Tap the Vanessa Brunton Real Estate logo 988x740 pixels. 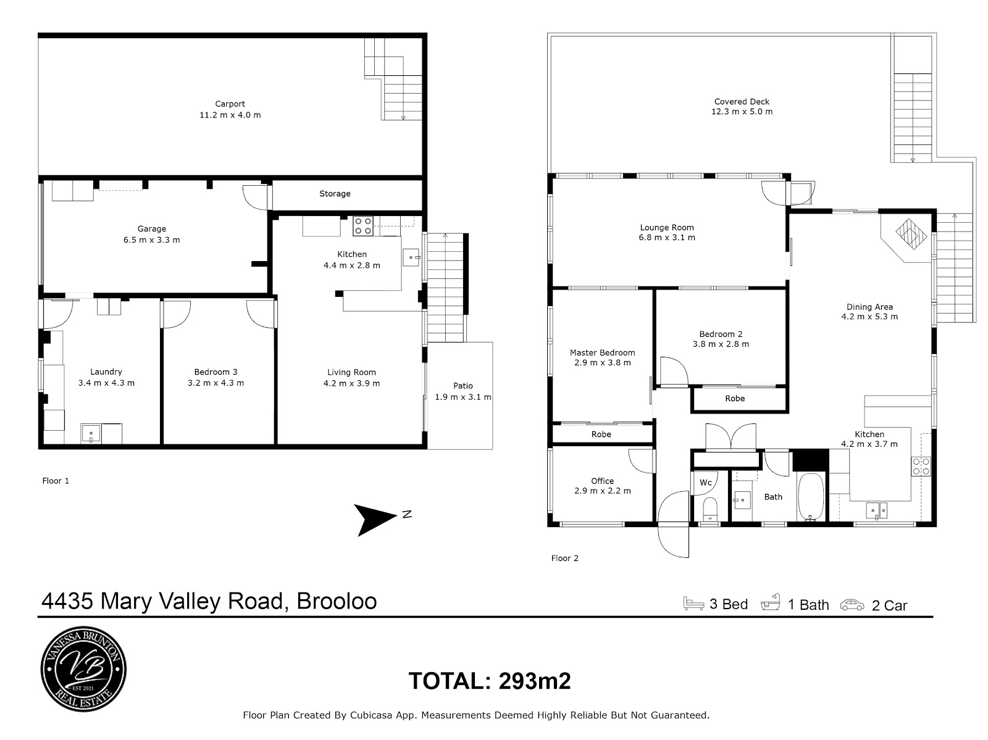pos(84,668)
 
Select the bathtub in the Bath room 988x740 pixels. pos(811,497)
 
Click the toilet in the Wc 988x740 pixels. pos(710,509)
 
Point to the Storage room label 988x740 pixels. pos(335,193)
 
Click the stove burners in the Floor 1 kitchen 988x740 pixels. pos(363,227)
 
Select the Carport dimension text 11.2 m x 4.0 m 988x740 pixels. pos(230,115)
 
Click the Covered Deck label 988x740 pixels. pos(742,102)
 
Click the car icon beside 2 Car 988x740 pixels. pos(852,605)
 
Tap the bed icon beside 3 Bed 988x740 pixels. pos(693,603)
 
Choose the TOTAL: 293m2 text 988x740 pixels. pos(490,681)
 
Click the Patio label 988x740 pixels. pos(463,386)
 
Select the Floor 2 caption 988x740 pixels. pos(565,559)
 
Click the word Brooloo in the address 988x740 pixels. pos(337,601)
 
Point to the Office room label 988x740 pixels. pos(602,481)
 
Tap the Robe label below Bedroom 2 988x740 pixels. pos(735,399)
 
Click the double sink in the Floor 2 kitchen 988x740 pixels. pos(877,510)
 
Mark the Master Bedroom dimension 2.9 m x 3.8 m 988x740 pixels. pos(603,362)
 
